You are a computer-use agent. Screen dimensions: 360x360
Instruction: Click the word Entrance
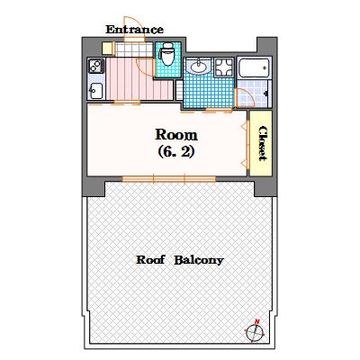[x=134, y=29]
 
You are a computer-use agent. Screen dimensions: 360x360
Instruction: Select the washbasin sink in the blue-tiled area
[x=200, y=66]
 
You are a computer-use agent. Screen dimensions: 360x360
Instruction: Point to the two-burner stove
[x=95, y=66]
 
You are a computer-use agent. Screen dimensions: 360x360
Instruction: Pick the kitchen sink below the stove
[x=95, y=89]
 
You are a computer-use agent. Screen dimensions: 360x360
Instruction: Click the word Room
[x=176, y=136]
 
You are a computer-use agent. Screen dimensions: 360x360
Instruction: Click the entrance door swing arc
[x=133, y=48]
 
